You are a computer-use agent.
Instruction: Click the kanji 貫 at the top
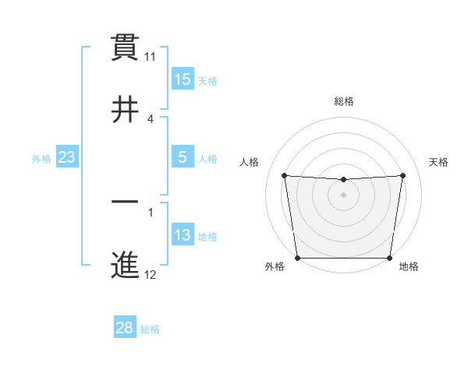click(126, 48)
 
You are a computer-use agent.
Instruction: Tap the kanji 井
click(126, 109)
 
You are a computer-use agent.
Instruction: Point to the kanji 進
click(126, 265)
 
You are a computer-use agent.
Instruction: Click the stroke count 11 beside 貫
click(151, 57)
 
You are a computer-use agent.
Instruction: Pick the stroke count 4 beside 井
click(151, 118)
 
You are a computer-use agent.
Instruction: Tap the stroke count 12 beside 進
click(151, 275)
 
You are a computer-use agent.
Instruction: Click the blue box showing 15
click(183, 79)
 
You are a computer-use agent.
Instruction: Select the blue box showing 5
click(183, 157)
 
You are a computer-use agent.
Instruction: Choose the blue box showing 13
click(183, 236)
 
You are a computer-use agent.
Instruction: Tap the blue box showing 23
click(67, 157)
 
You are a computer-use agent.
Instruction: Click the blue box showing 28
click(125, 328)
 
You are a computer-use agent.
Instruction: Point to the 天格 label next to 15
click(207, 81)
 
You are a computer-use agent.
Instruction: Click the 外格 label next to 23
click(41, 159)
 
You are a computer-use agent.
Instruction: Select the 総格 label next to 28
click(150, 329)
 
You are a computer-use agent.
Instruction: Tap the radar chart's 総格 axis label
click(344, 101)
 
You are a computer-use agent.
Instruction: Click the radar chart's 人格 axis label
click(250, 162)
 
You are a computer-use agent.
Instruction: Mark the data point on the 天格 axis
click(403, 175)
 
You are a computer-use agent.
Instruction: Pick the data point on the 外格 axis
click(297, 258)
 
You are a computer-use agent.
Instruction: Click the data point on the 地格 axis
click(390, 258)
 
